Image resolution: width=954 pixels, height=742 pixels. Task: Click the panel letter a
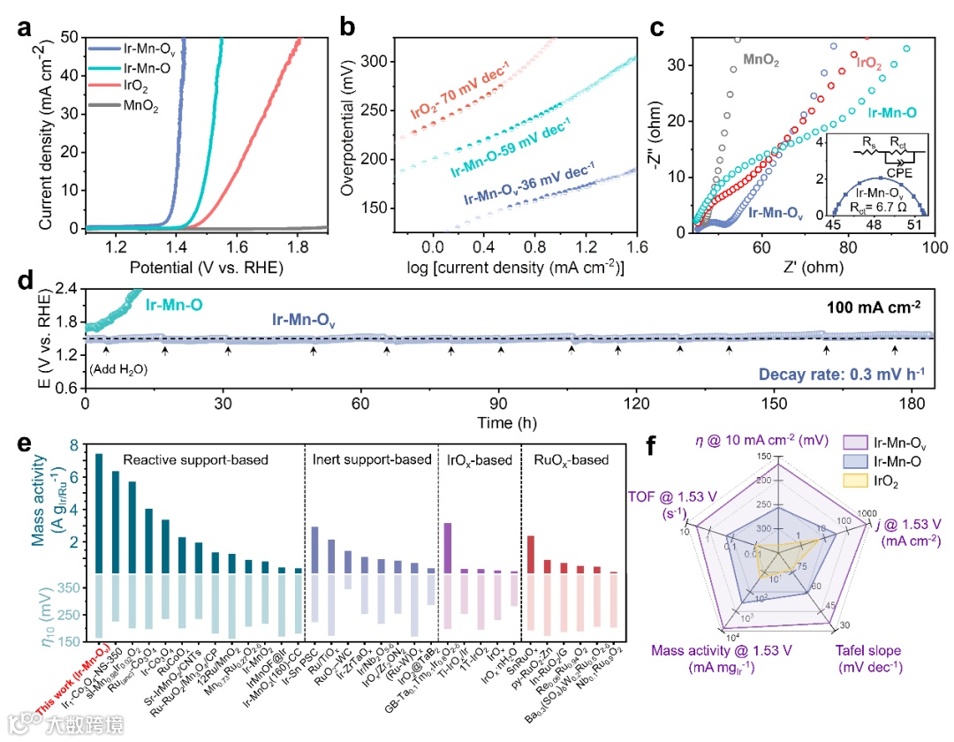click(x=25, y=26)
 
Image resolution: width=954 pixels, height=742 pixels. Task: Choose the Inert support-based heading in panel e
click(x=370, y=459)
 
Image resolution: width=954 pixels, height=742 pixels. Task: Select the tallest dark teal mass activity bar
click(x=99, y=513)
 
